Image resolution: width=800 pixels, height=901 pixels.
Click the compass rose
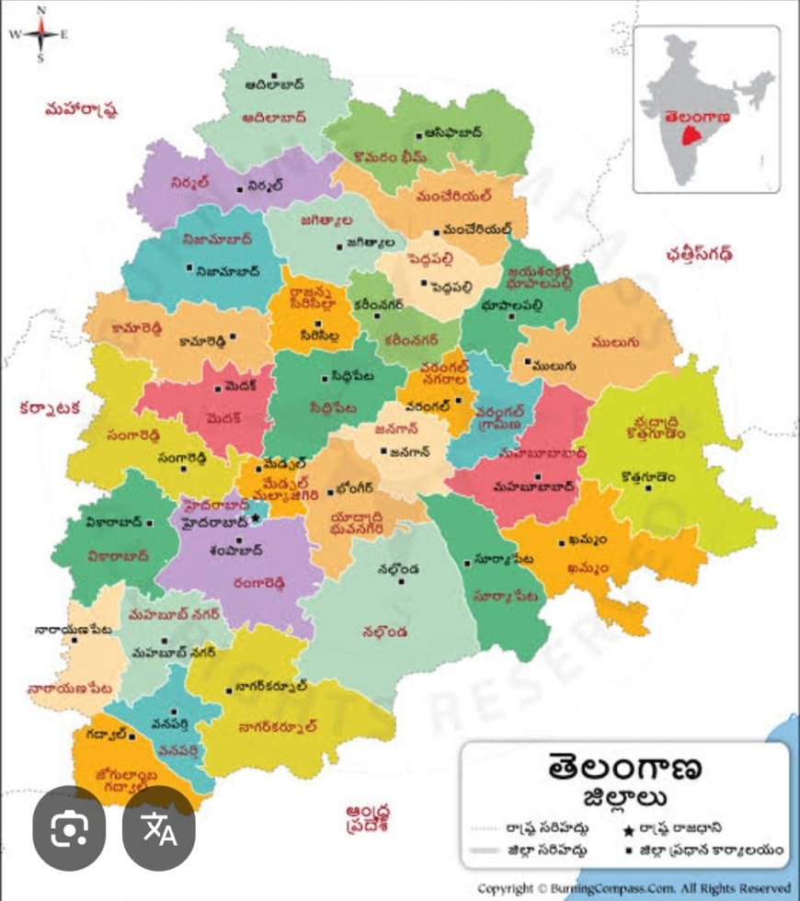click(x=40, y=35)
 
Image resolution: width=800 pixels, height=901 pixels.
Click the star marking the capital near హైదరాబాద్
click(x=257, y=519)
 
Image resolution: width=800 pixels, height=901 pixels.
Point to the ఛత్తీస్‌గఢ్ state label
click(x=706, y=254)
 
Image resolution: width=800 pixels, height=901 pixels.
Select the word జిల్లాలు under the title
click(x=625, y=796)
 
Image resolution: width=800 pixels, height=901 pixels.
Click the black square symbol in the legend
click(x=624, y=851)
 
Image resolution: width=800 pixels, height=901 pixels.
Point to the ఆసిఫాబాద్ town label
click(x=448, y=132)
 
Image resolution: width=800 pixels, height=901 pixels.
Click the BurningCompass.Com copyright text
click(x=634, y=889)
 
